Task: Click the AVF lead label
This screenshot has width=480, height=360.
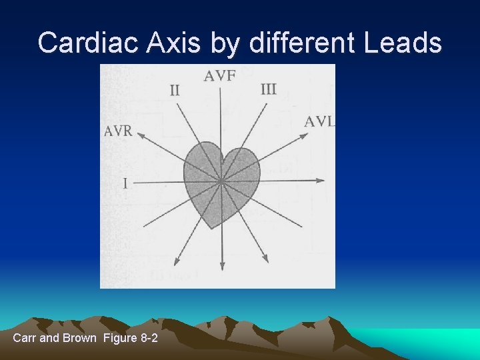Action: click(219, 75)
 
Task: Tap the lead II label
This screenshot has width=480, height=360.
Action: click(175, 90)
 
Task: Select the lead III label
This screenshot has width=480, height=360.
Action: click(268, 89)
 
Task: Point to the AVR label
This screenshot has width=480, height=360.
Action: click(118, 131)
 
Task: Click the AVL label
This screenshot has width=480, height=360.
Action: click(319, 121)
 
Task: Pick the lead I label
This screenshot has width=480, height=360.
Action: click(125, 183)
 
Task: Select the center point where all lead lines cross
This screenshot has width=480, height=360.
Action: click(220, 180)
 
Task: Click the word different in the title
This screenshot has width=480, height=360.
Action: click(303, 43)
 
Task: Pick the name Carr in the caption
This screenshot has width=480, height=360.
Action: click(25, 338)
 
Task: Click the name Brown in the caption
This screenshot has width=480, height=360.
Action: click(79, 338)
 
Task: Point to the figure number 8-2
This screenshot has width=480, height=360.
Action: click(149, 338)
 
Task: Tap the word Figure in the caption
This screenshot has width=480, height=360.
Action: click(119, 338)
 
